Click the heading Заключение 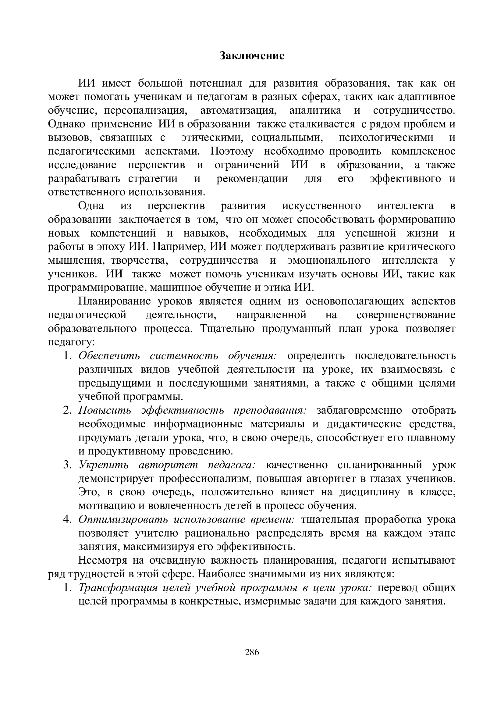point(252,56)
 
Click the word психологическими point(386,137)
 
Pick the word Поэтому point(232,151)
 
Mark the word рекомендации point(252,179)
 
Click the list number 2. point(67,410)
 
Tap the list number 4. point(67,519)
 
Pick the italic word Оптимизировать point(123,519)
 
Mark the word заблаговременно point(359,410)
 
